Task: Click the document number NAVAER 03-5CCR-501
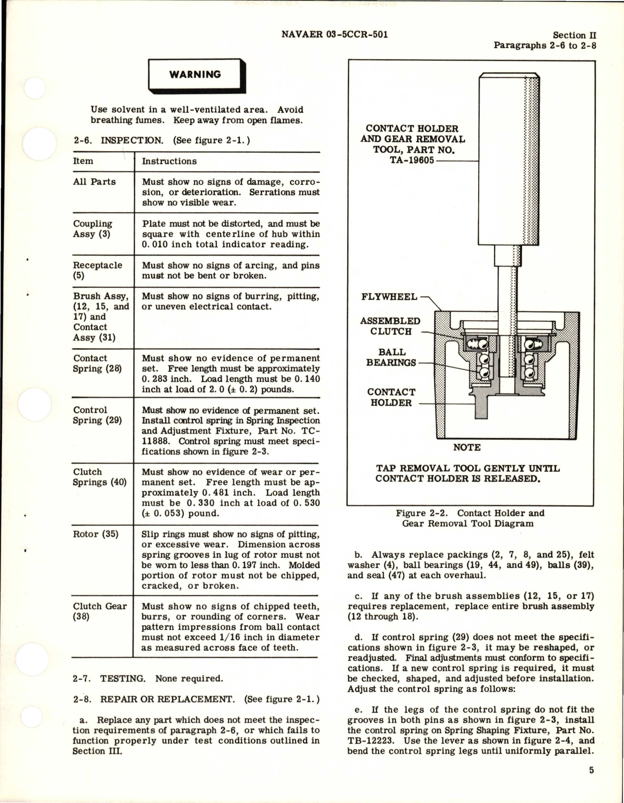coord(334,34)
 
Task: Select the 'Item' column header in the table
coord(83,161)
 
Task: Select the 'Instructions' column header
coord(169,161)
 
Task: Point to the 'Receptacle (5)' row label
coord(97,270)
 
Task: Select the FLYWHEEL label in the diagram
coord(389,297)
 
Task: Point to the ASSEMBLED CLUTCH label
coord(391,326)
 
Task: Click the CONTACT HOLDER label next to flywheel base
coord(391,397)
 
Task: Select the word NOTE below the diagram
coord(466,447)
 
